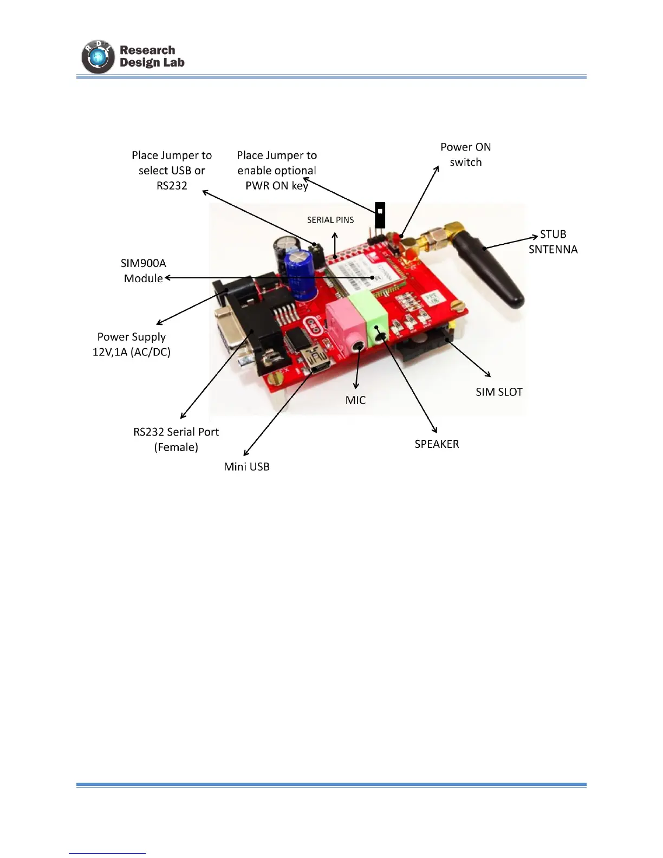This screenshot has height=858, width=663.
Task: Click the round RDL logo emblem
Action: click(x=98, y=56)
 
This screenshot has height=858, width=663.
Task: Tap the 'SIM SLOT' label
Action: click(x=499, y=392)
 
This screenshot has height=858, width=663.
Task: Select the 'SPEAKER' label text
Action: click(x=437, y=444)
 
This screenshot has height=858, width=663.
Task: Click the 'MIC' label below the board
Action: click(x=355, y=400)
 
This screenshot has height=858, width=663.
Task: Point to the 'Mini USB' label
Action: click(x=246, y=466)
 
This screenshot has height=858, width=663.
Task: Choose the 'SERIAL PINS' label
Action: click(x=330, y=220)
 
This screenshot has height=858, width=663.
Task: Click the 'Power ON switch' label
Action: click(x=465, y=154)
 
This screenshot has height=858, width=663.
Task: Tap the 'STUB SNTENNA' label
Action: click(x=553, y=242)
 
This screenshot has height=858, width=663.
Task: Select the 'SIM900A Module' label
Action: click(x=144, y=270)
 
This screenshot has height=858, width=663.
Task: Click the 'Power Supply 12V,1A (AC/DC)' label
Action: click(x=132, y=344)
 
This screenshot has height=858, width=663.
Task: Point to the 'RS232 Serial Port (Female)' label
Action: click(x=176, y=439)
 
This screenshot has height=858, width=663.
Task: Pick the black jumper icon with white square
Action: click(x=380, y=214)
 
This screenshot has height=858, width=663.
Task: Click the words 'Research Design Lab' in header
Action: click(x=152, y=56)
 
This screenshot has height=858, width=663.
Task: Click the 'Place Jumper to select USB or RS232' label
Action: click(x=172, y=170)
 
